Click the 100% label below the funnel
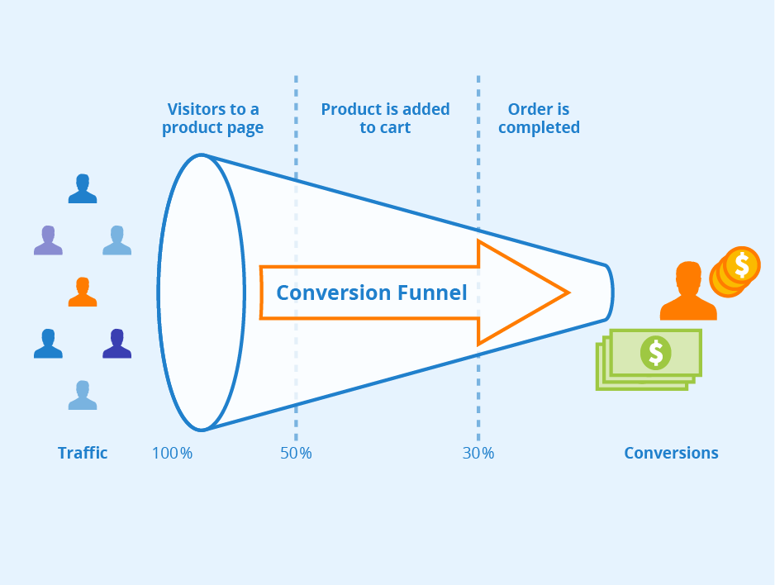(x=172, y=453)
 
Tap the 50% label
(x=295, y=453)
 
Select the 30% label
(x=478, y=453)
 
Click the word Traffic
(x=83, y=453)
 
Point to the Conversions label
(x=671, y=453)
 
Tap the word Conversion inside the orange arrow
(x=333, y=292)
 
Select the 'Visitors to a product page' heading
(x=212, y=118)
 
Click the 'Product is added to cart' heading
(x=385, y=118)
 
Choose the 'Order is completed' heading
(x=539, y=118)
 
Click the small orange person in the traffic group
(x=82, y=292)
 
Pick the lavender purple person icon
(x=48, y=240)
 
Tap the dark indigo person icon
(x=116, y=343)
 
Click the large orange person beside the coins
(x=687, y=292)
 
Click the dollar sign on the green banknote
(x=655, y=353)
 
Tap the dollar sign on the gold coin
(x=742, y=264)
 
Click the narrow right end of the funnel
(x=608, y=292)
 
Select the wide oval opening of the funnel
(x=201, y=292)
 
